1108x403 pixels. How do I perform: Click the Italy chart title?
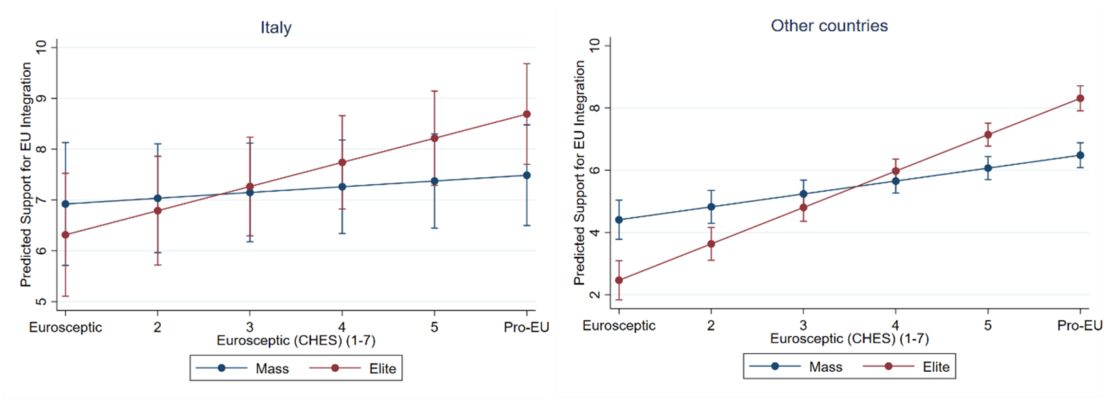point(276,28)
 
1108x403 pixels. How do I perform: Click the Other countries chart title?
point(829,26)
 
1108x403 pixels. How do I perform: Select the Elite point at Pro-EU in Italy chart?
point(527,114)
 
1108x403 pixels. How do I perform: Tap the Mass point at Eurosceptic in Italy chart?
point(65,204)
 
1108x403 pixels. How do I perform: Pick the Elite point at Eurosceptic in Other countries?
point(619,280)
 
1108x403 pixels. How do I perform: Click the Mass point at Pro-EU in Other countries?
point(1080,155)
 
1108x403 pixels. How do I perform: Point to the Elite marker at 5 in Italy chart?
point(434,138)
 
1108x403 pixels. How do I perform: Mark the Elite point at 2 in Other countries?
point(711,244)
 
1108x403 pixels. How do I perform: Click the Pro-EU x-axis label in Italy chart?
point(526,327)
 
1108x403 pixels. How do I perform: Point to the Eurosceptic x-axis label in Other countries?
point(619,325)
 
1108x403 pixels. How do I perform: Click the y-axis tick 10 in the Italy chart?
point(42,46)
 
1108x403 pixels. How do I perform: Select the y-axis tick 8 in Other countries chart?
point(595,108)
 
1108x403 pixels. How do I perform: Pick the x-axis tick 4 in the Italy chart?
point(342,327)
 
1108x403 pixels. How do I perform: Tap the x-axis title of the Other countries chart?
point(849,339)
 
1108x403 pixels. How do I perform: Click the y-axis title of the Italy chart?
point(26,174)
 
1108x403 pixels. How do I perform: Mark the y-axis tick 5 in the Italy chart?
point(42,302)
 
